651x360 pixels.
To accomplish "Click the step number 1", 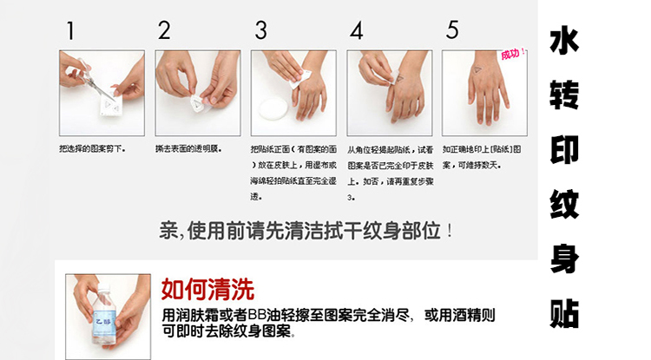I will [69, 31].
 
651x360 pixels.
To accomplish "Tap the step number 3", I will [260, 31].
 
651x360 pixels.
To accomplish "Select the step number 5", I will [451, 31].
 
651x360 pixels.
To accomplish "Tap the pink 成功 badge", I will [512, 57].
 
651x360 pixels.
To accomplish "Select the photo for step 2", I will [197, 93].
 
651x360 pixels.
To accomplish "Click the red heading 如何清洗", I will [207, 289].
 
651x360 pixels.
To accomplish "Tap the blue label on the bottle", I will [104, 315].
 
